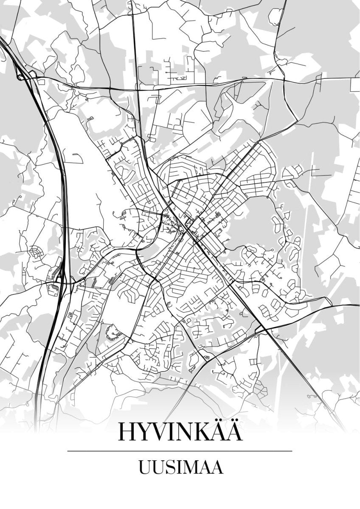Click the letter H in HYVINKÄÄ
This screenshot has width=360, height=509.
127,431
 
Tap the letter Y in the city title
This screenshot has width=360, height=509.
146,431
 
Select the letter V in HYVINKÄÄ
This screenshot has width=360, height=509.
165,431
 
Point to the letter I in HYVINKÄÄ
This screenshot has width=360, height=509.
179,431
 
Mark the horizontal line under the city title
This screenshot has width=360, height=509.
180,451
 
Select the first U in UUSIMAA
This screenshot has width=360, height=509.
144,468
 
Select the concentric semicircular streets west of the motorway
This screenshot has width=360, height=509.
37,253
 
